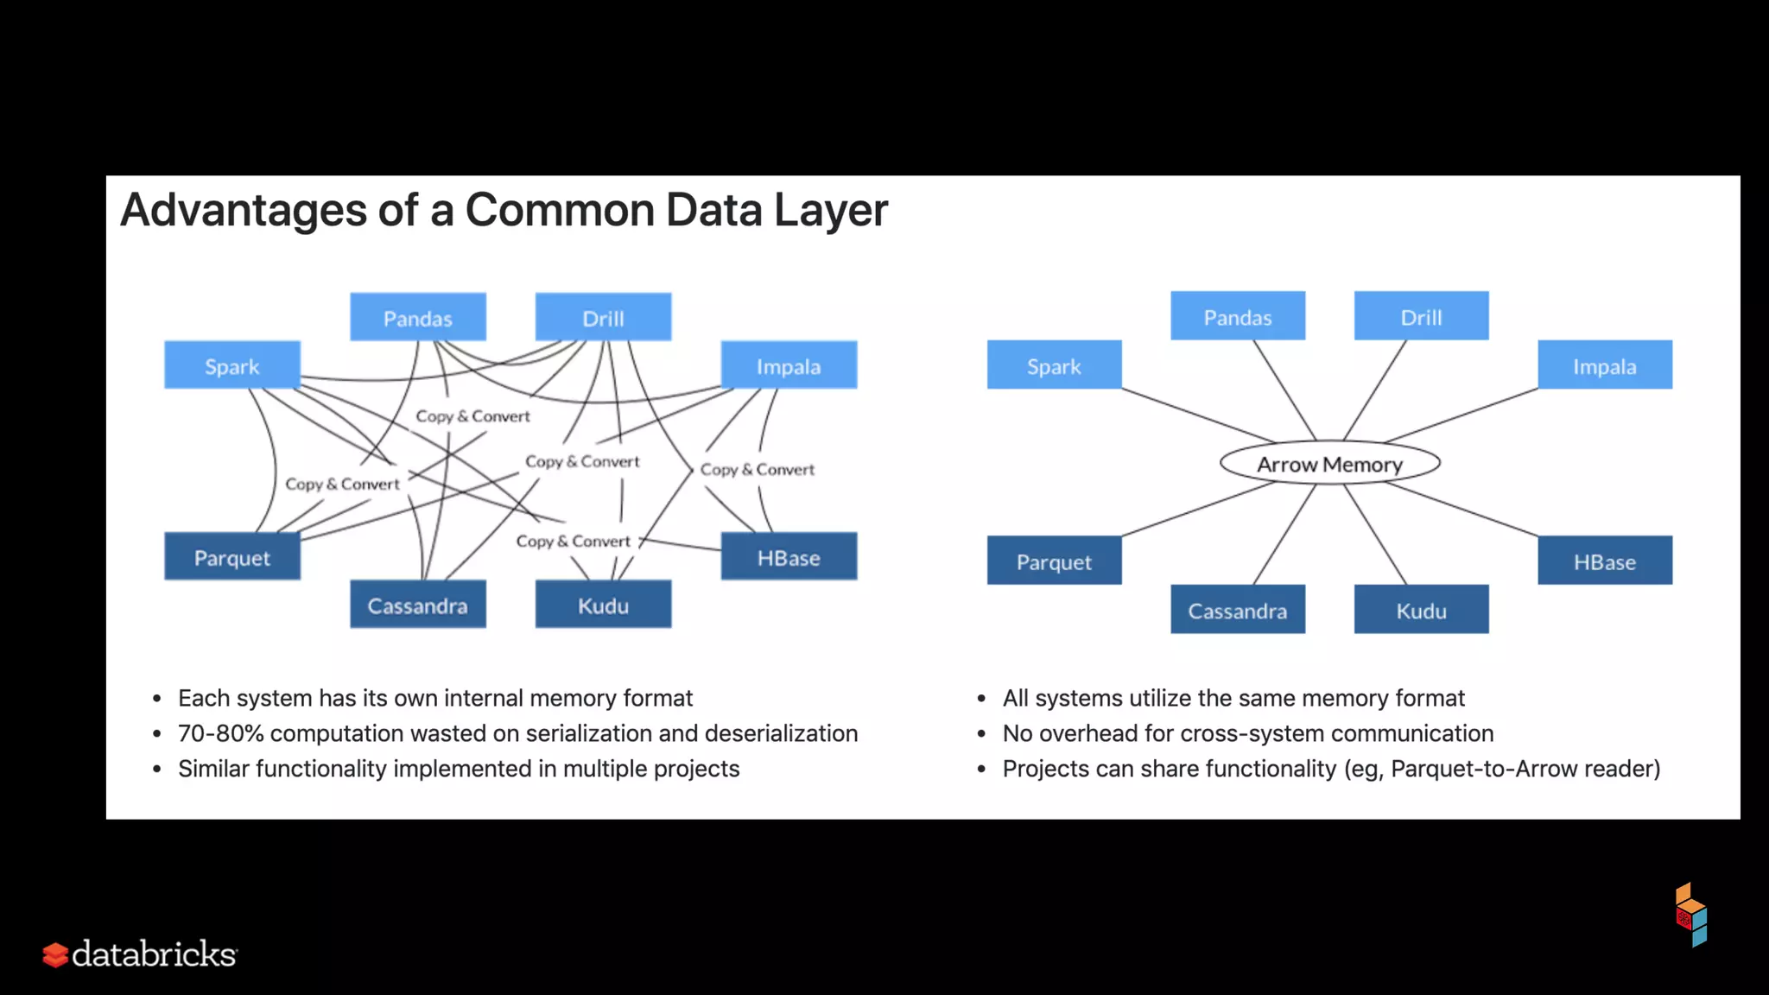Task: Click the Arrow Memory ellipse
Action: [x=1329, y=464]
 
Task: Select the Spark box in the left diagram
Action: [x=231, y=365]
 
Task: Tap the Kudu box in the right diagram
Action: [x=1421, y=610]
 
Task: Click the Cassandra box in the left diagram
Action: [x=417, y=605]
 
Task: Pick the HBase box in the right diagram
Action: [x=1604, y=561]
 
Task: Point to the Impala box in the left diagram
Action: [x=788, y=365]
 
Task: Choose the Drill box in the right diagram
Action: [x=1421, y=317]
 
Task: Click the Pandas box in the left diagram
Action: [x=417, y=318]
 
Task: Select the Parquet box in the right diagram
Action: [x=1054, y=561]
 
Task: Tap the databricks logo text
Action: [x=154, y=954]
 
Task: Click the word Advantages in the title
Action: [x=244, y=211]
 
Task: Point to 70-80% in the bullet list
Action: [x=220, y=733]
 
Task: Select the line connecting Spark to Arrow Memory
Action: [x=1192, y=415]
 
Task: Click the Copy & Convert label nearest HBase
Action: [x=757, y=470]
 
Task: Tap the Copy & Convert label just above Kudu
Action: [x=573, y=542]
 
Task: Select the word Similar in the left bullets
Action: [x=213, y=769]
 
